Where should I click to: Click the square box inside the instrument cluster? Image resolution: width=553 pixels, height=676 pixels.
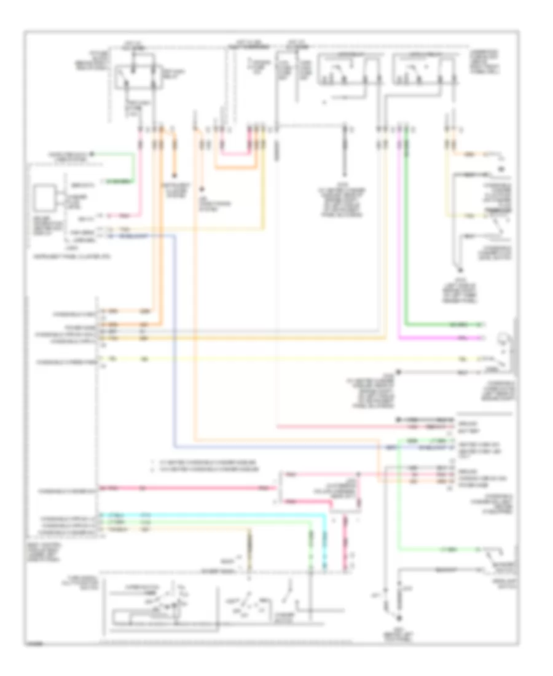point(45,197)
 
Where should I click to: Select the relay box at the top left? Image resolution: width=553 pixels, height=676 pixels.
point(136,76)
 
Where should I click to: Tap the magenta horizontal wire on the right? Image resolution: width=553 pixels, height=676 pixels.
point(442,338)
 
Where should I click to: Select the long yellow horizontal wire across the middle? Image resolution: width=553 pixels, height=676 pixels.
point(276,358)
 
